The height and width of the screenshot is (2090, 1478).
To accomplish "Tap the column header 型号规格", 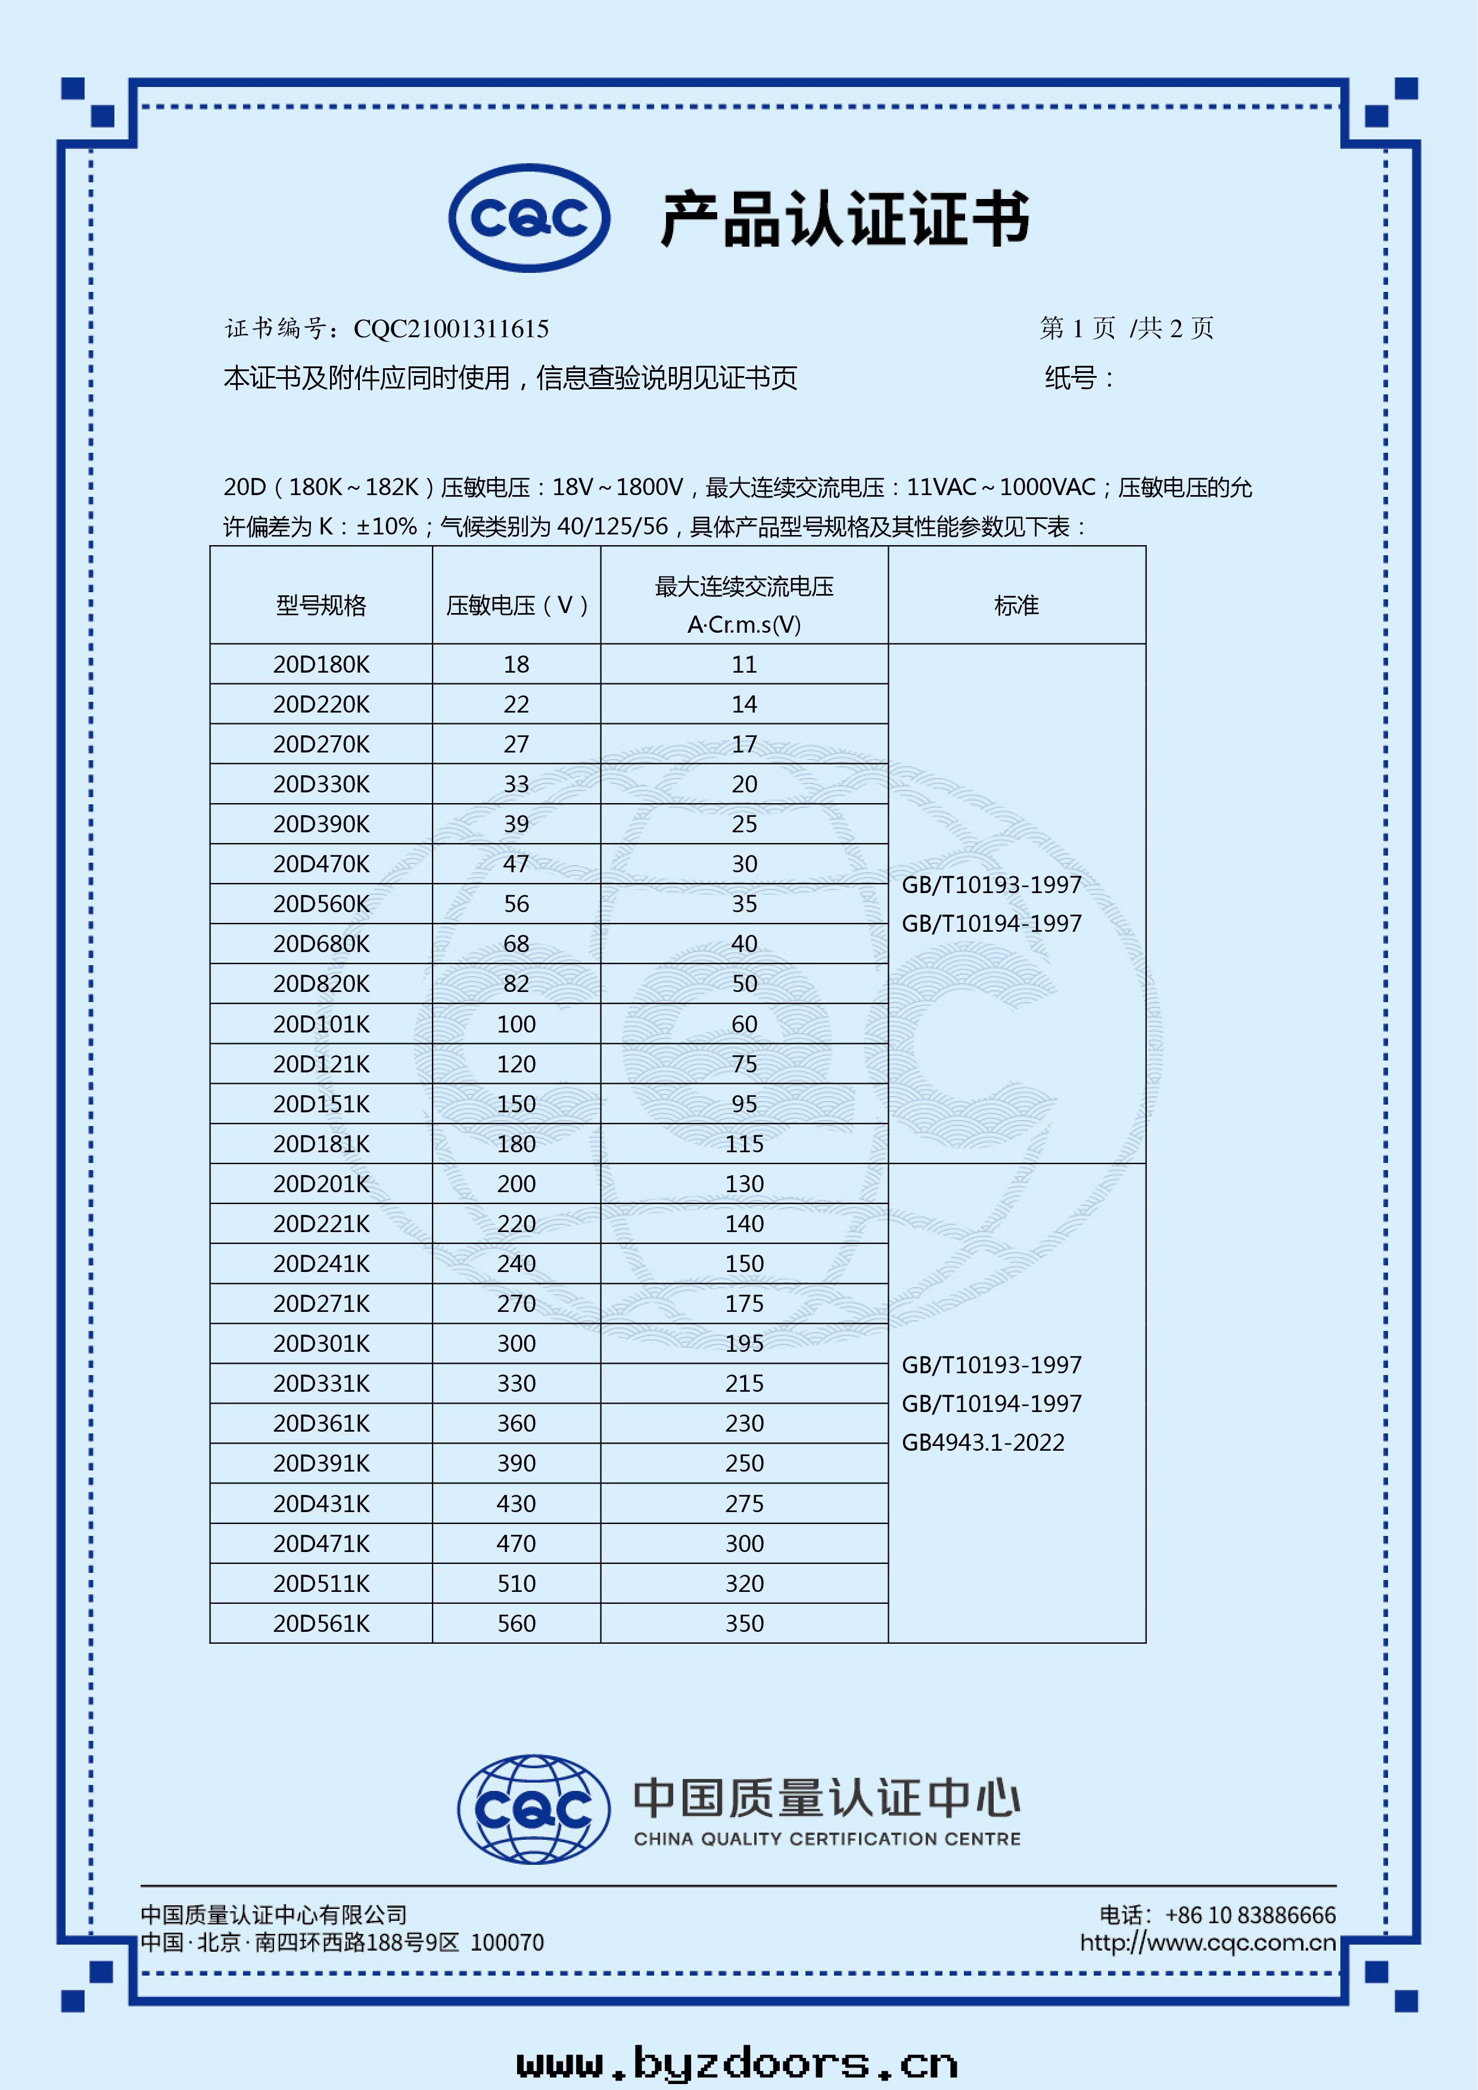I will tap(321, 605).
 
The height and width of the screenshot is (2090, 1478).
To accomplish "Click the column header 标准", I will tap(1016, 605).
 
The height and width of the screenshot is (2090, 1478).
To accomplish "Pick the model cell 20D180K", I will tap(321, 664).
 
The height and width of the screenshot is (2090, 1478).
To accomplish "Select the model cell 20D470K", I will tap(321, 864).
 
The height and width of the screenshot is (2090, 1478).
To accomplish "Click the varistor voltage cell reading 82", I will tap(516, 984).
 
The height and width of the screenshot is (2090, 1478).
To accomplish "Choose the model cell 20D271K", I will tap(321, 1304).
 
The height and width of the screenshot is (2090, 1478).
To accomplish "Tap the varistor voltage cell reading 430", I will tap(516, 1504).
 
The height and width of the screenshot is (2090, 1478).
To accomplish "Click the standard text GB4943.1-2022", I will tap(983, 1443).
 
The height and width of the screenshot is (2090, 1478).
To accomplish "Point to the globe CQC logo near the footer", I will tap(533, 1809).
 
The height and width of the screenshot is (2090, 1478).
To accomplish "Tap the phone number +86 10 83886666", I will tap(1250, 1915).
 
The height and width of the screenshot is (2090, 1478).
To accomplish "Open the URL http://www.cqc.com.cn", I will tap(1208, 1942).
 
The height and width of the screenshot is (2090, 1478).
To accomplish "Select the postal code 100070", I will tap(507, 1942).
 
